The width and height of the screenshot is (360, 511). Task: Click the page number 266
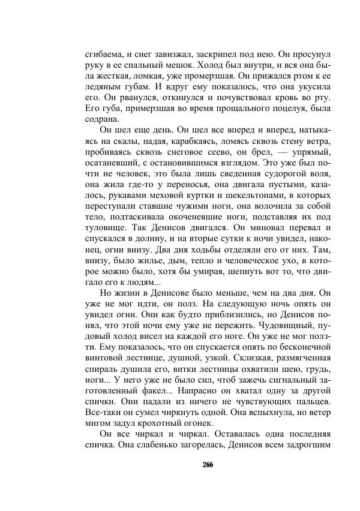pos(208,465)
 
